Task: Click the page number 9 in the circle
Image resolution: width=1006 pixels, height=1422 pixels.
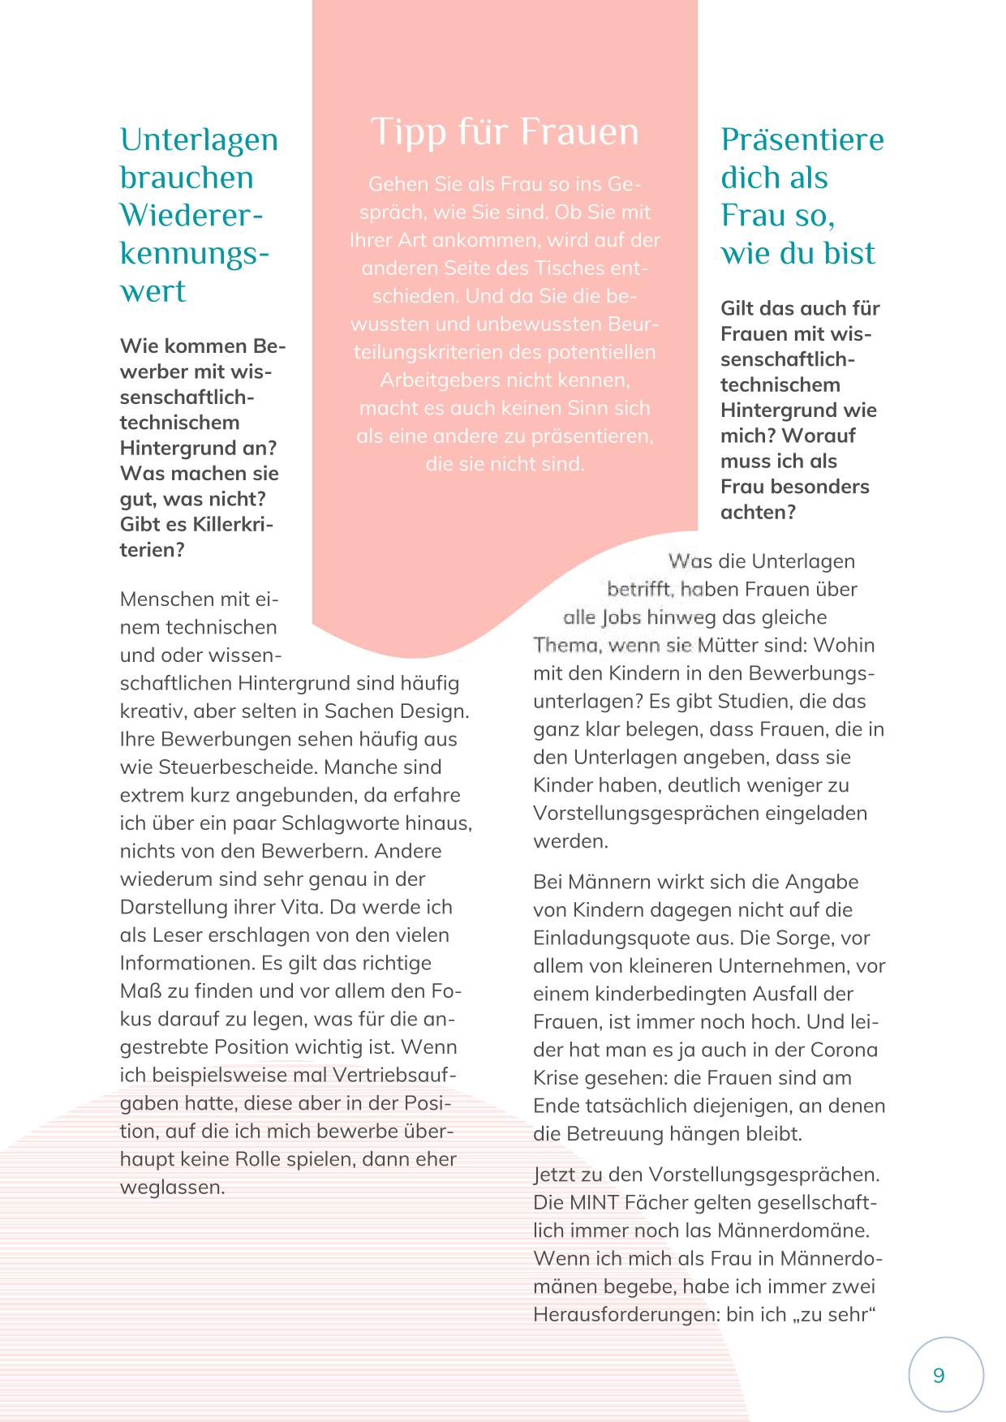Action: click(x=939, y=1376)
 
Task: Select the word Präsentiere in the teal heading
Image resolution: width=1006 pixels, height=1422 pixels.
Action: click(x=802, y=140)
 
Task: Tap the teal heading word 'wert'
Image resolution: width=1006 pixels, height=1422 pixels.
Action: click(x=153, y=291)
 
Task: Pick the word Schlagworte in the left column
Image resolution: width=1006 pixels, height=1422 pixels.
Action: click(x=336, y=823)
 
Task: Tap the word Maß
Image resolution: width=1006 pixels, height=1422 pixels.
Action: click(x=140, y=990)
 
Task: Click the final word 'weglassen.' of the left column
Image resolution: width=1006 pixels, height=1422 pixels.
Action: click(x=172, y=1187)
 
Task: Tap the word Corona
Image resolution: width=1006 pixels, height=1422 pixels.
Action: click(x=845, y=1050)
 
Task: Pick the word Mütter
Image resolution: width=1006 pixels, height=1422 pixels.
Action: click(x=729, y=645)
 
